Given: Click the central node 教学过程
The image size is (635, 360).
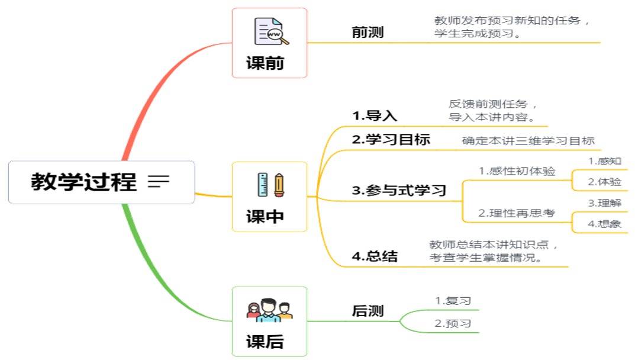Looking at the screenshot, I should point(84,182).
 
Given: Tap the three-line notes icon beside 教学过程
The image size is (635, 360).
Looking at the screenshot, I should point(158,182).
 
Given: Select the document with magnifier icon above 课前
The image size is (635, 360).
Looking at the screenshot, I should point(270,31).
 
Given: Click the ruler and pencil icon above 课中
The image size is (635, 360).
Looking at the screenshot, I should point(270,184).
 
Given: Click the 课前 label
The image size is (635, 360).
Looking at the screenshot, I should point(265,63).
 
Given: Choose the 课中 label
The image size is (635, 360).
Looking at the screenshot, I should point(265,217).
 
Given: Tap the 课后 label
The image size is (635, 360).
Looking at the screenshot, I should point(265,342).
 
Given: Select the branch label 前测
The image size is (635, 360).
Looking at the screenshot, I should point(368,32).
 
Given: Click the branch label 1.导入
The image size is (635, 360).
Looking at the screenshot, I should point(374,115).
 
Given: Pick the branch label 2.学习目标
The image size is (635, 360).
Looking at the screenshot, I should point(391,140).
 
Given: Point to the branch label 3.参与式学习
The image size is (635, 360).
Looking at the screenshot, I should point(399,191).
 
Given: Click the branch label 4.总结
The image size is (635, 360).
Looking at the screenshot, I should point(374,256).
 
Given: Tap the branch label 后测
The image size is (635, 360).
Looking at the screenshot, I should point(368,311).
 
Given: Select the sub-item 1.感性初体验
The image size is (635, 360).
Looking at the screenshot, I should point(517,171).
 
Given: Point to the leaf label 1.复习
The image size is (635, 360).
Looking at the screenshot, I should point(453,301).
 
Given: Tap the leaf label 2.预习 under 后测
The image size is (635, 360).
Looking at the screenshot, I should point(453,323).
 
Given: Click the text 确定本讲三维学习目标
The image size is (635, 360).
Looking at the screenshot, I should point(528,141).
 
